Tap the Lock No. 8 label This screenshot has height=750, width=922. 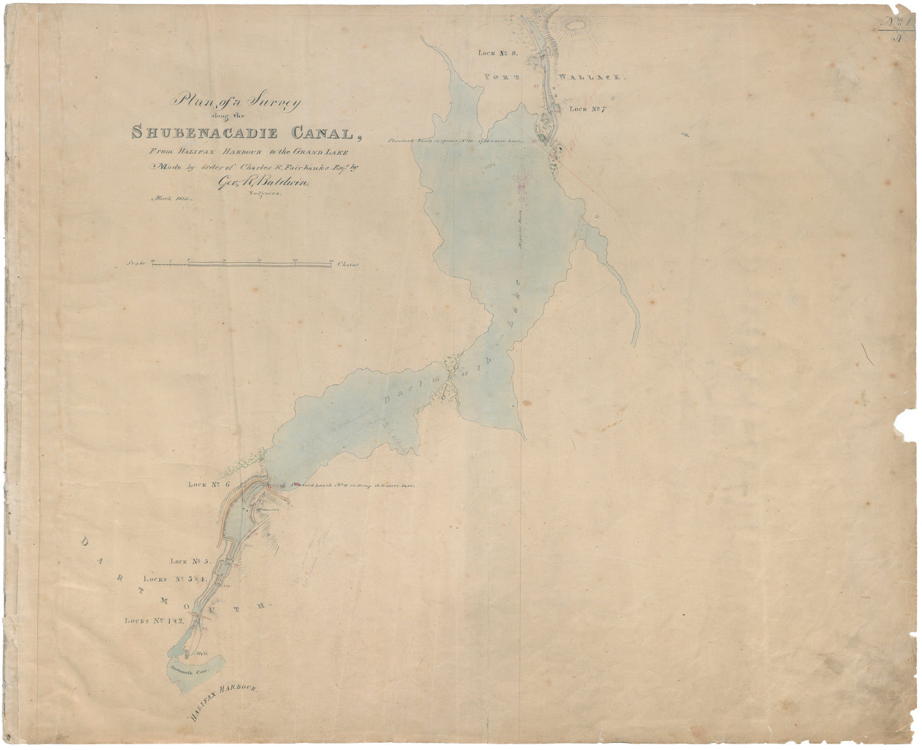click(x=501, y=54)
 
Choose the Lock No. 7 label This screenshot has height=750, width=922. click(x=587, y=109)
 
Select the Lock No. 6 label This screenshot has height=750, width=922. click(x=209, y=485)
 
